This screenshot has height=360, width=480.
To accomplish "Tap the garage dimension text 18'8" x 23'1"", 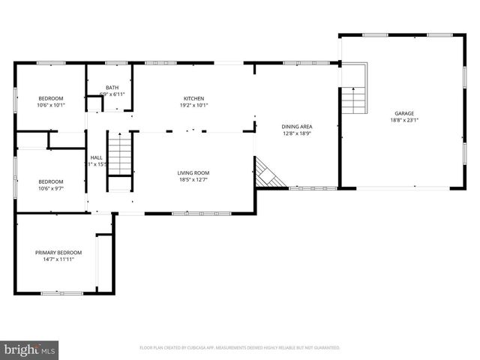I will pos(403,120).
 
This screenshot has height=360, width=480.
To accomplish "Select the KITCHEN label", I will pos(194,98).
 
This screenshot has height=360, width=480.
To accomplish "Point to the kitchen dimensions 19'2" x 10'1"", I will pos(194,105).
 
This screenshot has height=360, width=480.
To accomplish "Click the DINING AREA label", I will pos(297,127).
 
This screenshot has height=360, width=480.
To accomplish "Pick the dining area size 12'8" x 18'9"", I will pos(297,133).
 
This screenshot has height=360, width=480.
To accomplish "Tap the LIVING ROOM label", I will pos(193,172).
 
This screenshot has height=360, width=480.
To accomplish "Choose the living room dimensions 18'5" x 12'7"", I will pos(193,179).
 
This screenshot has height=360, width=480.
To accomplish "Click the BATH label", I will pos(112,88).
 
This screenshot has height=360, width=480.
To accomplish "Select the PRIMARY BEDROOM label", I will pos(58,253).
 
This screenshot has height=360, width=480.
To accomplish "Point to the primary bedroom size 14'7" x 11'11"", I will pos(58,259).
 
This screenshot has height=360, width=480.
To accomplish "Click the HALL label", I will pos(97,157).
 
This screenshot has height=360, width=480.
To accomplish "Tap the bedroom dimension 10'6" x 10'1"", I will pos(51,105).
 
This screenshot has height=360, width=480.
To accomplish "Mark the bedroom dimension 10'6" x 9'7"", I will pos(51,188).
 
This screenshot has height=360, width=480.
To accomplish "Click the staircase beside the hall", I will pos(119,154).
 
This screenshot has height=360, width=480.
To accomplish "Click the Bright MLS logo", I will pos(30,349).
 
